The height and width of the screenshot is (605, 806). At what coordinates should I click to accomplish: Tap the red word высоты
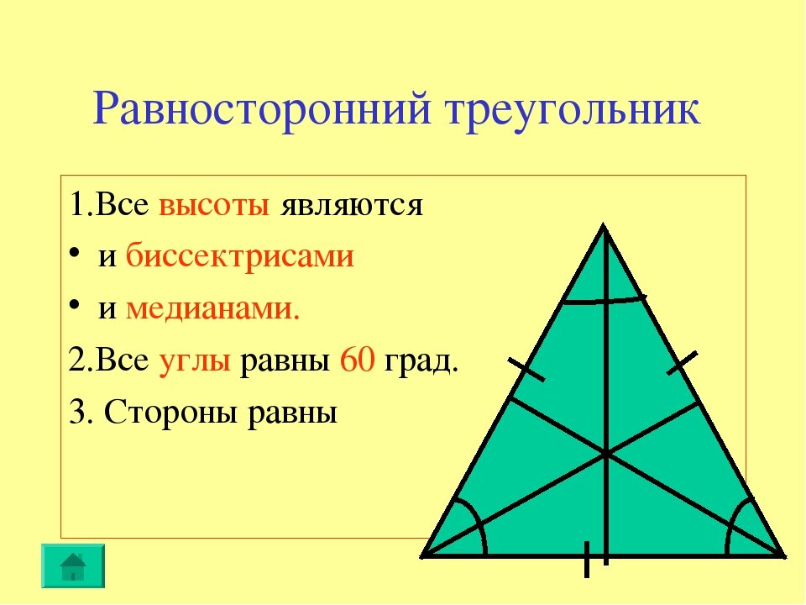214,206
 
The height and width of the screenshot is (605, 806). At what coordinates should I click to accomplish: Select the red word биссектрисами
240,257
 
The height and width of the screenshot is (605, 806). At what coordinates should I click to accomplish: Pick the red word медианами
212,310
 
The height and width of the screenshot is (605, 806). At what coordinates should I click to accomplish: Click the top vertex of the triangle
604,225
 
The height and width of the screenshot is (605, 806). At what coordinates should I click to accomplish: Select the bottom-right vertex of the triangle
784,555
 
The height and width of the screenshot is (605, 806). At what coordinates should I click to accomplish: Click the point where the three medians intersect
605,455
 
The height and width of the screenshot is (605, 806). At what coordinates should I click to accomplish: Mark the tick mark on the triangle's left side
526,369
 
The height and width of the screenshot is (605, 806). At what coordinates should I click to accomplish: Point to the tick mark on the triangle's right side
683,363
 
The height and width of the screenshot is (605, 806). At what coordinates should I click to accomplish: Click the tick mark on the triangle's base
586,559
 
